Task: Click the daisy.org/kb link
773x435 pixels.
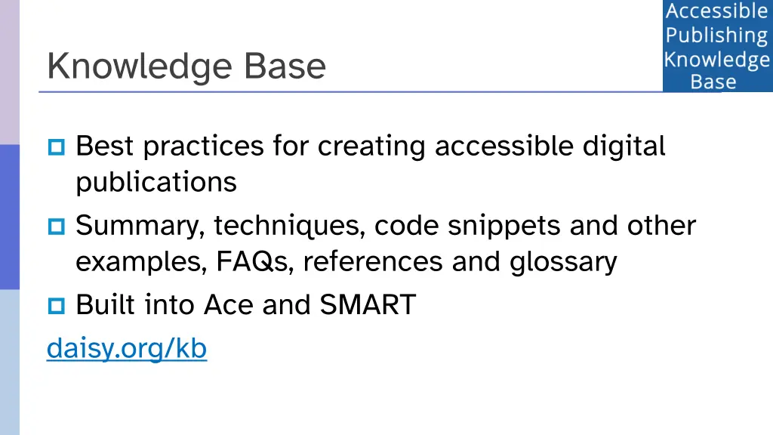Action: coord(127,348)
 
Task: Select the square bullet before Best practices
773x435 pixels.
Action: coord(57,146)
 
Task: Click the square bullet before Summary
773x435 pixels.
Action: coord(57,226)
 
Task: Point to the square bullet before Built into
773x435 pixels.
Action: coord(57,306)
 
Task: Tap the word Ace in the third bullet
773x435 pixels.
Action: coord(229,305)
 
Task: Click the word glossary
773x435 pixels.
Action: coord(563,262)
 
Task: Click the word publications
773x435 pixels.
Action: coord(156,182)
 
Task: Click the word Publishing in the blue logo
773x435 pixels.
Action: coord(716,35)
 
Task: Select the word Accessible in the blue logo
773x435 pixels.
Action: coord(716,11)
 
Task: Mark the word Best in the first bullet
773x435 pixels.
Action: coord(106,145)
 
